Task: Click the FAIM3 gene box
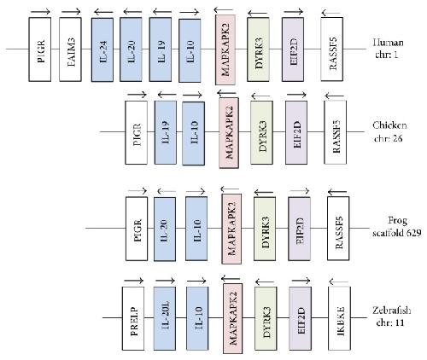click(70, 49)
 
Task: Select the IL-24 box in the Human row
click(102, 49)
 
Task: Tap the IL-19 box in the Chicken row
click(166, 132)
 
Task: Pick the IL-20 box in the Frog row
click(165, 229)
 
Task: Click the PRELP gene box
click(133, 318)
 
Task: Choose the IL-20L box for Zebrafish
click(165, 318)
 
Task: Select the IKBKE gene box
click(339, 318)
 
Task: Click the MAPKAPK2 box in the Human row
click(225, 49)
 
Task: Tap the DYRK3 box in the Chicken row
click(261, 132)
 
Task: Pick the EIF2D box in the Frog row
click(299, 229)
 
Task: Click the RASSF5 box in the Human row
click(332, 49)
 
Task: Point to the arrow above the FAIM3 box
click(71, 12)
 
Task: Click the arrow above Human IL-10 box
click(189, 12)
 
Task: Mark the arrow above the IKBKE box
click(339, 282)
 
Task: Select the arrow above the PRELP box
click(133, 281)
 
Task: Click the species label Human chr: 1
click(388, 49)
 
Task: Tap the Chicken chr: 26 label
click(389, 132)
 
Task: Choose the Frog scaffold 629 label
click(397, 227)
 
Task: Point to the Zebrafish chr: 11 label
click(391, 316)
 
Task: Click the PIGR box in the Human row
click(40, 49)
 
